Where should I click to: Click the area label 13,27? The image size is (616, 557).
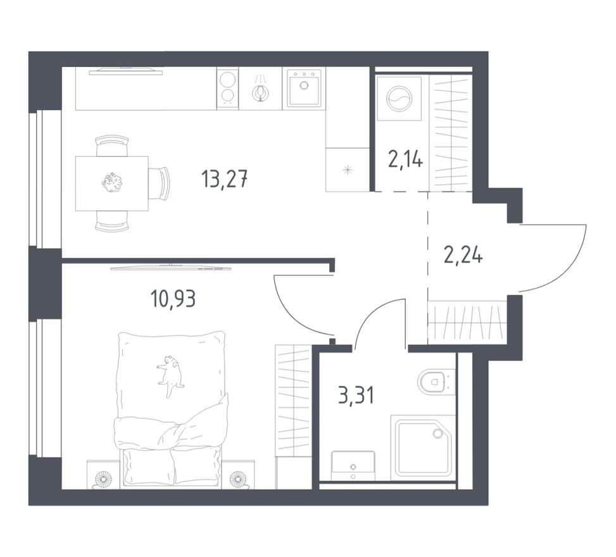pyautogui.click(x=224, y=179)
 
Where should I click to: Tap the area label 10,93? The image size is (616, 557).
pyautogui.click(x=173, y=297)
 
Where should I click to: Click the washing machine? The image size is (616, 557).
pyautogui.click(x=399, y=99)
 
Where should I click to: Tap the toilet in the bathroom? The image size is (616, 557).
pyautogui.click(x=434, y=382)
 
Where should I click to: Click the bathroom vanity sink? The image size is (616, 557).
pyautogui.click(x=353, y=466)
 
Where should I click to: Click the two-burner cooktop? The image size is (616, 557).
pyautogui.click(x=227, y=88)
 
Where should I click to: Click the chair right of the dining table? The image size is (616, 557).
pyautogui.click(x=160, y=183)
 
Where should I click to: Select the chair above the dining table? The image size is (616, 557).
pyautogui.click(x=112, y=146)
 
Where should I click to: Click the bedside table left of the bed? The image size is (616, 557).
pyautogui.click(x=103, y=475)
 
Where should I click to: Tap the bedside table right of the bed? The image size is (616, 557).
pyautogui.click(x=238, y=475)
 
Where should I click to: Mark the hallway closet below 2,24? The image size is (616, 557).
pyautogui.click(x=467, y=322)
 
